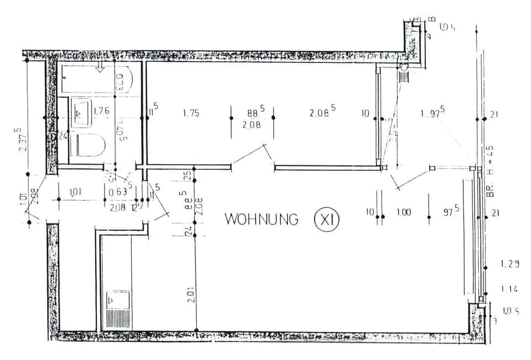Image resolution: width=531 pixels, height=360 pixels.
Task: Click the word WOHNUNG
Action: click(x=261, y=219)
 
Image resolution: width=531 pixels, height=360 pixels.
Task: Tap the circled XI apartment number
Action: click(x=326, y=220)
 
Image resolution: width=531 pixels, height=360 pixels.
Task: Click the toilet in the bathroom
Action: click(x=90, y=145)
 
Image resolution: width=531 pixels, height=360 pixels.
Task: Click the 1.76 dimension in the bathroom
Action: click(x=101, y=111)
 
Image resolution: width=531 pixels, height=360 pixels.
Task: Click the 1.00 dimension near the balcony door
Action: click(x=404, y=212)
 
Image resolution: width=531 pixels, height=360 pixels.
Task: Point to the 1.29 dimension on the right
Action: click(x=509, y=264)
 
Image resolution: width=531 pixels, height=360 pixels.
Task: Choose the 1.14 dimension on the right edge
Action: click(x=509, y=289)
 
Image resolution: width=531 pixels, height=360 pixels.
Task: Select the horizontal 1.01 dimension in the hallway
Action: click(x=76, y=192)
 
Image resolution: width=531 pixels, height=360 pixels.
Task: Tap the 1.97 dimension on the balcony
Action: click(x=433, y=113)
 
